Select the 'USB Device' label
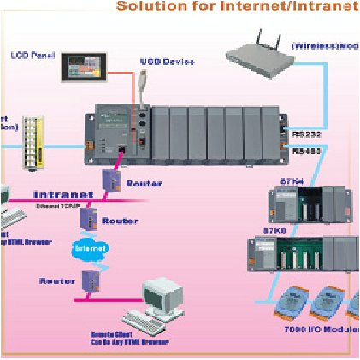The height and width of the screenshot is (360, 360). (168, 62)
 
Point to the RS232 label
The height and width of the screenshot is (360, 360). (304, 133)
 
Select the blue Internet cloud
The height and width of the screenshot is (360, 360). (86, 246)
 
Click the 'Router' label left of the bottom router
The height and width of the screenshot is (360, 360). (54, 280)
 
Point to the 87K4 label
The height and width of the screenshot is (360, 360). (280, 180)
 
